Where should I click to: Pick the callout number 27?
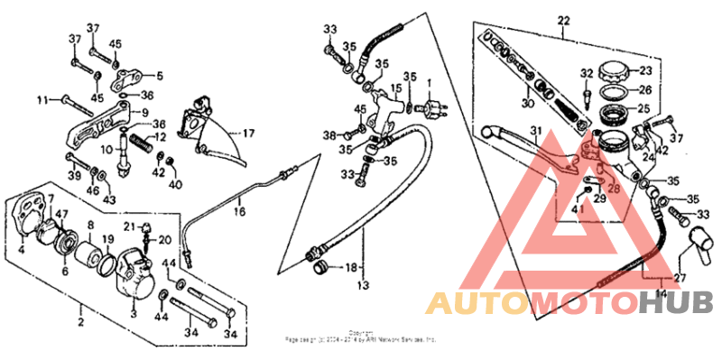[680, 278]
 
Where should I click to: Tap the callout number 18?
[351, 267]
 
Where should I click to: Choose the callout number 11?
[41, 99]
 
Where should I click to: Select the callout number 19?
[107, 240]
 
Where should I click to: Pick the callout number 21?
[129, 226]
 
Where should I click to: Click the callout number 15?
[394, 89]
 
